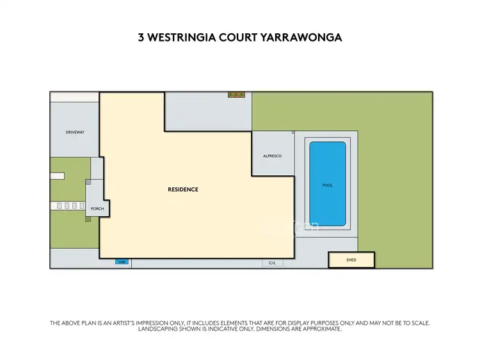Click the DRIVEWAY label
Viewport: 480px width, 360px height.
(75, 132)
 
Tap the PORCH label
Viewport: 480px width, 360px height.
(97, 208)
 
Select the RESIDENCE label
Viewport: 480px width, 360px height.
(183, 189)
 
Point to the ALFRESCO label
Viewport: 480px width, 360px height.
(273, 156)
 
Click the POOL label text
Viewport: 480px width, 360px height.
(328, 185)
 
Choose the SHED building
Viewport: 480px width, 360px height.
(351, 260)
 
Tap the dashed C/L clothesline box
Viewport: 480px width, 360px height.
(272, 263)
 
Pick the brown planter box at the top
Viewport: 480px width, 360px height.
(237, 95)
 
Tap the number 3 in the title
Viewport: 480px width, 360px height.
(141, 38)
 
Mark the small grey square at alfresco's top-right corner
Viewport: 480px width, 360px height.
(292, 133)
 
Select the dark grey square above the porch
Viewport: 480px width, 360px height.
(89, 182)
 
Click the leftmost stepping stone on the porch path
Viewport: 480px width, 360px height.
(60, 206)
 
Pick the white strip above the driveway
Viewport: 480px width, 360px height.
(74, 97)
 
